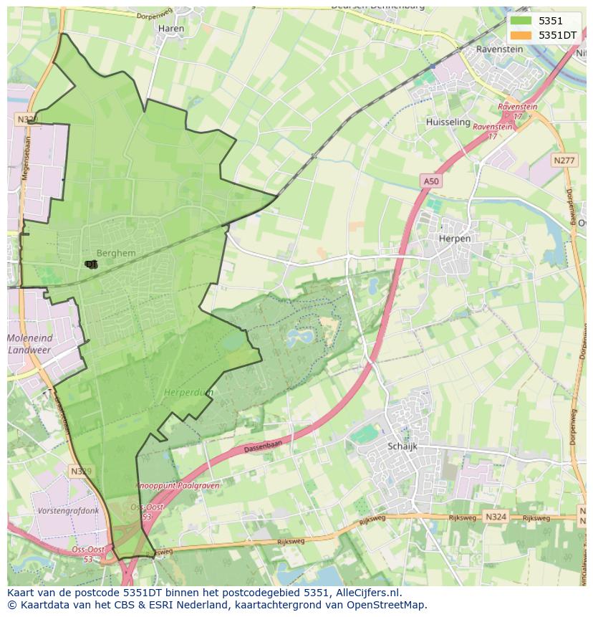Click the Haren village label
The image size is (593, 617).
coord(170,29)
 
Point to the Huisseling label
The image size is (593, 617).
coord(448,123)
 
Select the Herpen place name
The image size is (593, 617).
coord(455,239)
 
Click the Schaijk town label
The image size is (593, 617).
coord(402,446)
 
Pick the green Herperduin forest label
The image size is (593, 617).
coord(188,393)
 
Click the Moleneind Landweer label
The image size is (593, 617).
coord(30,344)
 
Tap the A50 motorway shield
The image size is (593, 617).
coord(430,182)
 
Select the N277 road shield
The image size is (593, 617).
coord(564,161)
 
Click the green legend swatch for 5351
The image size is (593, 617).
coord(521,21)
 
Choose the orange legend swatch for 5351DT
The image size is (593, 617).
coord(521,34)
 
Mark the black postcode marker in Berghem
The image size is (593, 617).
coord(91,264)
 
